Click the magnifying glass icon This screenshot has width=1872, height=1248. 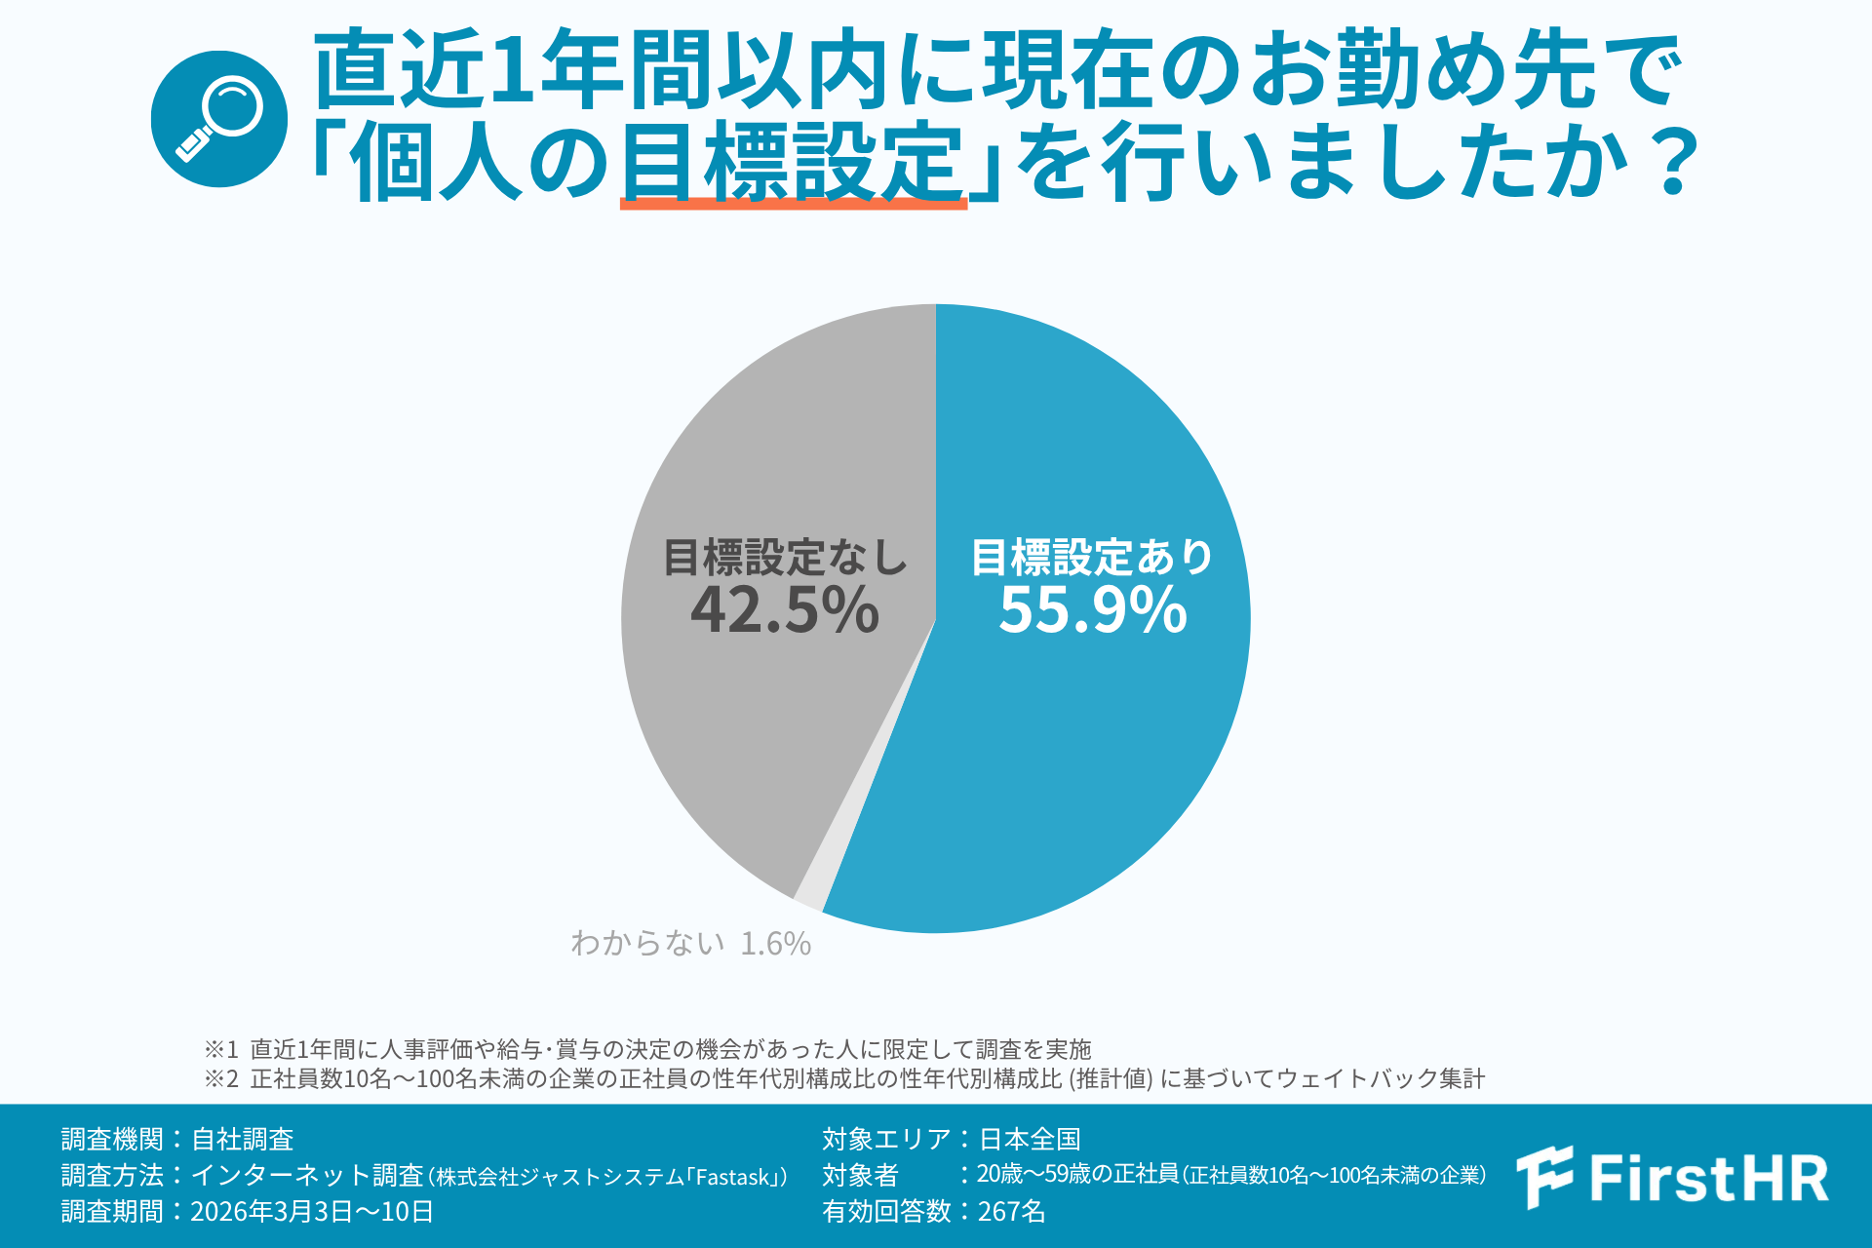coord(219,119)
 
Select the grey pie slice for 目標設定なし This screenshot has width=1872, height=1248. coord(760,741)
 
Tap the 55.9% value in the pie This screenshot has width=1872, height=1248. coord(1092,610)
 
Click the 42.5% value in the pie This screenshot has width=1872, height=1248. coord(785,610)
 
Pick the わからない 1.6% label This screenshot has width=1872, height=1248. coord(690,943)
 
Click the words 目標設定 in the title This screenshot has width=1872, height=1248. coord(792,161)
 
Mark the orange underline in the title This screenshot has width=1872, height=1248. coord(794,203)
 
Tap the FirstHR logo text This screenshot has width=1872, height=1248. coord(1708,1178)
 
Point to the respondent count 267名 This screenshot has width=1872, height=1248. coord(1011,1211)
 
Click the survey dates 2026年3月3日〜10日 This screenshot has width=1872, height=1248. coord(312,1211)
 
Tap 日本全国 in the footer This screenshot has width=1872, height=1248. coord(1030,1139)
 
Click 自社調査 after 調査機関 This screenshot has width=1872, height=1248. coord(243,1139)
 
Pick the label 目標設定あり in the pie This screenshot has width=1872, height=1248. coord(1092,558)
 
